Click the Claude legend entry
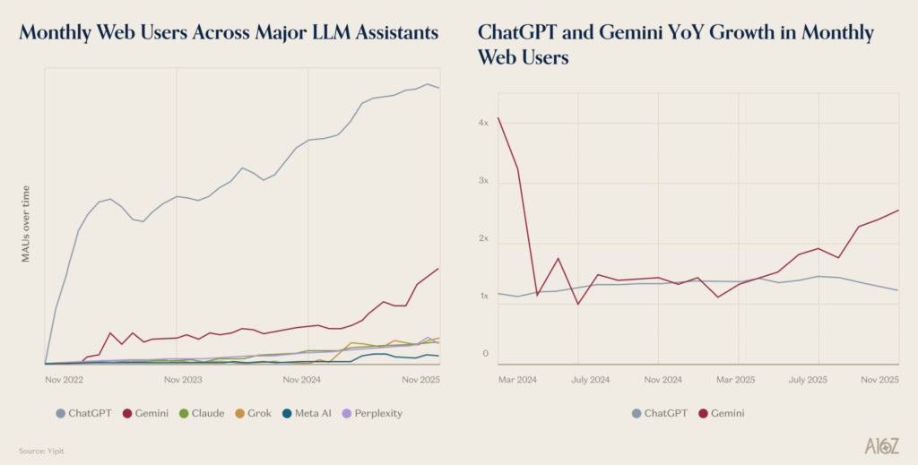(208, 413)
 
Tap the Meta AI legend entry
(314, 413)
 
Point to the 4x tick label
(483, 123)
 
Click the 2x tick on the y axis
(483, 239)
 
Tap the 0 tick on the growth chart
(485, 354)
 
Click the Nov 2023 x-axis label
(183, 380)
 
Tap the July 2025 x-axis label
(808, 380)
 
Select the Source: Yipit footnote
(40, 451)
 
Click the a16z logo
(883, 445)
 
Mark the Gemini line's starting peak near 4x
(498, 117)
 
